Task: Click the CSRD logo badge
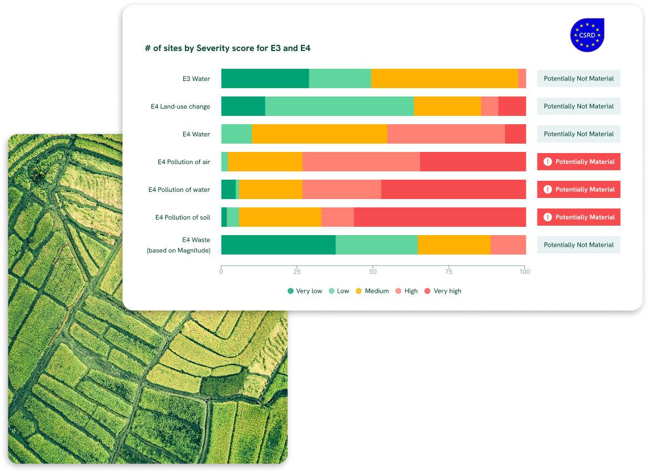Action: tap(587, 35)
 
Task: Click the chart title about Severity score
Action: tap(228, 48)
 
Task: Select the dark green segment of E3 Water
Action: tap(265, 79)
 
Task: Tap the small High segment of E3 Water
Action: tap(522, 79)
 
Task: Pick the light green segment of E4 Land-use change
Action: tap(339, 106)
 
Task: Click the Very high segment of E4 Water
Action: tap(515, 134)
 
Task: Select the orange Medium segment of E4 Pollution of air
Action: tap(265, 162)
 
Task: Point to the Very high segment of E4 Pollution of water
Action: tap(453, 190)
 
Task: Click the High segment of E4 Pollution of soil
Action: tap(337, 217)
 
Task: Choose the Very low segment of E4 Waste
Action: tap(278, 245)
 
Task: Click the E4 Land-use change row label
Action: tap(180, 106)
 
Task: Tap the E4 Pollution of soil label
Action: tap(183, 217)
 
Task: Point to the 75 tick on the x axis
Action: tap(449, 272)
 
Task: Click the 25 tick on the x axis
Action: tap(297, 272)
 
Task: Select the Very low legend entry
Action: tap(305, 291)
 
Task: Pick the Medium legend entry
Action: tap(372, 291)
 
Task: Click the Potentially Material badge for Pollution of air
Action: tap(578, 162)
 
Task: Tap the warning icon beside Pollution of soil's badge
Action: tap(547, 217)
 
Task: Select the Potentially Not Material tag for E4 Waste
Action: tap(578, 245)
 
